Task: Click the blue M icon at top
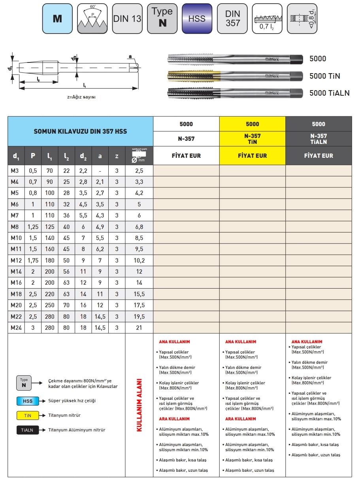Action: pos(57,19)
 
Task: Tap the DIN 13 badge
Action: pos(127,19)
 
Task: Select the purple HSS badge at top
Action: pos(197,19)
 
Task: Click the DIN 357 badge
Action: pos(232,19)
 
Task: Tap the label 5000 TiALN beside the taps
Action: pos(329,93)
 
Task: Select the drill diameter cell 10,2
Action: pos(139,260)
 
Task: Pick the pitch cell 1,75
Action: pos(33,260)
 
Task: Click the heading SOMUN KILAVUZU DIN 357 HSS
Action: pos(80,131)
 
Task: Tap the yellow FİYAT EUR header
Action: pos(252,156)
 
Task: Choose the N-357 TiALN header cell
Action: pos(319,139)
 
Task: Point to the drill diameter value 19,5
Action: pos(139,316)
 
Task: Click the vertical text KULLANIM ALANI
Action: pos(139,405)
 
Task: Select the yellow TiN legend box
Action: pos(27,416)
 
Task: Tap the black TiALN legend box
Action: pos(27,430)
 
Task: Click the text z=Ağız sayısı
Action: pos(81,97)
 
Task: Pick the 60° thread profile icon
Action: pos(92,19)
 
